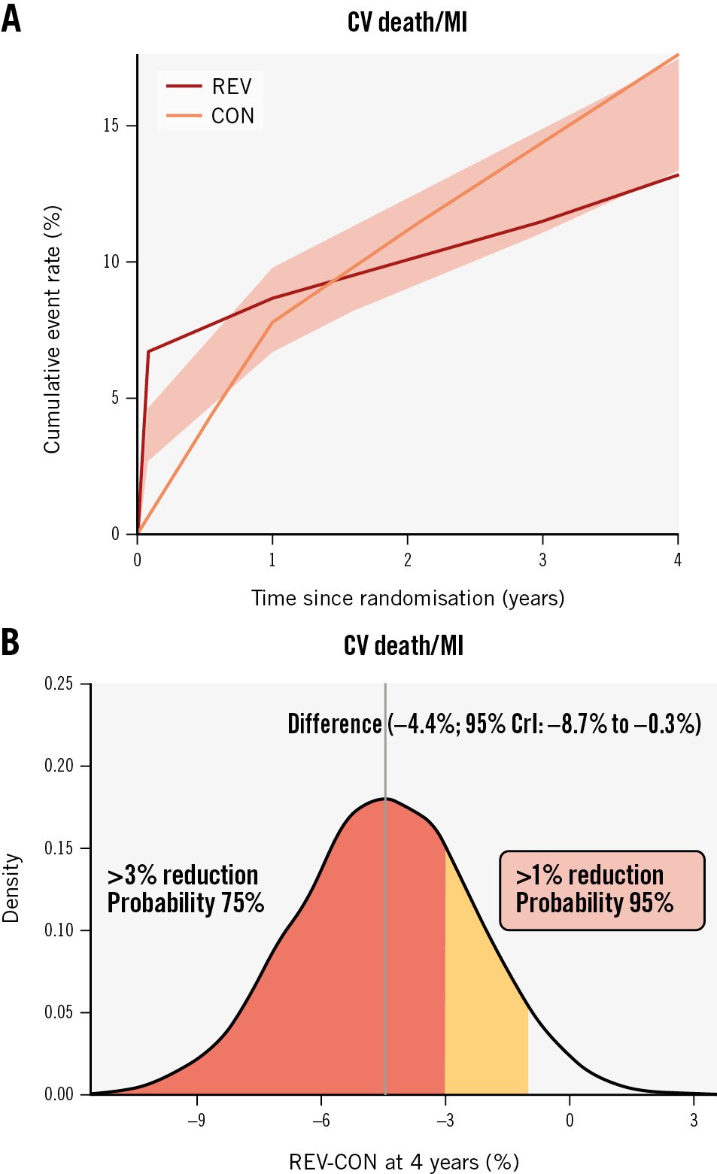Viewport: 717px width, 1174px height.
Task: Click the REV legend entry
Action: coord(210,86)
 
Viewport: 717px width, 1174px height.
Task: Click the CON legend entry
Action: coord(210,116)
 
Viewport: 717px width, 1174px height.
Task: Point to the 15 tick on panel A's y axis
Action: coord(111,126)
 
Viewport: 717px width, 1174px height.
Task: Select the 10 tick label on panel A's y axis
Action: coord(111,262)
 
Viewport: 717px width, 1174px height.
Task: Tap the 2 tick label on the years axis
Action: coord(407,560)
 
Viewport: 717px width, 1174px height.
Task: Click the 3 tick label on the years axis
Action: coord(542,560)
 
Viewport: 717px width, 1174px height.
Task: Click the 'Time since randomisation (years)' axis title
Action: coord(407,599)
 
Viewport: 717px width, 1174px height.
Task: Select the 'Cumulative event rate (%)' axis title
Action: coord(52,329)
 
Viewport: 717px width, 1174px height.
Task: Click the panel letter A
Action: coord(11,19)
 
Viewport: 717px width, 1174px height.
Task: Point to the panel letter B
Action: coord(10,642)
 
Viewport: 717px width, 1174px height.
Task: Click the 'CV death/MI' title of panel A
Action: coord(407,23)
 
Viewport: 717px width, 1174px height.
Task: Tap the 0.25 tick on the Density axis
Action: coord(59,684)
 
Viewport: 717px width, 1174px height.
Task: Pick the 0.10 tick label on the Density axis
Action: coord(59,930)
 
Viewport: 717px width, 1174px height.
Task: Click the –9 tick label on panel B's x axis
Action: coord(196,1121)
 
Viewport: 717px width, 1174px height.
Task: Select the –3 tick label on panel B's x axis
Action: coord(445,1121)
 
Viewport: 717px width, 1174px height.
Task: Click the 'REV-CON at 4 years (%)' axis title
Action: coord(404,1162)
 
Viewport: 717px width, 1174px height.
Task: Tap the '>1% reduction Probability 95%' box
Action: coord(602,890)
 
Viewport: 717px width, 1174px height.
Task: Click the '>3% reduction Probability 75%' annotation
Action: coord(185,889)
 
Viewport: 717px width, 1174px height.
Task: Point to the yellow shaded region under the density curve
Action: coord(482,1023)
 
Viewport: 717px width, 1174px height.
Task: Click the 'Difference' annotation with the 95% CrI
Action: coord(494,724)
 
